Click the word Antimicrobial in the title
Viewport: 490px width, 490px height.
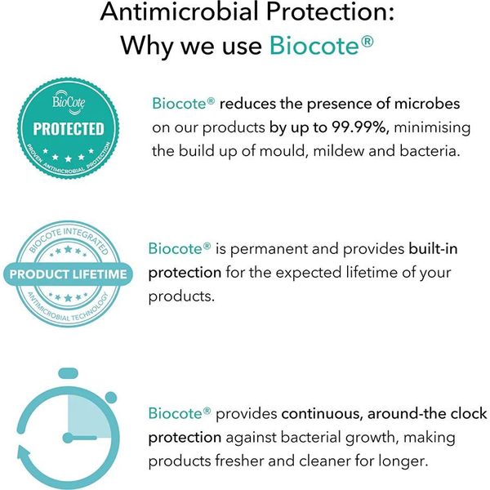point(180,11)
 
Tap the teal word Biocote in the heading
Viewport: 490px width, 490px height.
point(314,45)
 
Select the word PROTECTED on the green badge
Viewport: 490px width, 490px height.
point(69,129)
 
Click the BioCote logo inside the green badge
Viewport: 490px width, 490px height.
point(69,100)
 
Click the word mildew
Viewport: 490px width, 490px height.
point(338,151)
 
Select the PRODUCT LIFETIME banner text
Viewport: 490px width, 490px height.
point(68,274)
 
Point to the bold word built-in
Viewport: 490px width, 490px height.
point(433,249)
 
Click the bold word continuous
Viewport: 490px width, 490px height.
point(322,414)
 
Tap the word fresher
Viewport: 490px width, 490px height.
point(238,461)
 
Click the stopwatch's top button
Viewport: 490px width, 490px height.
point(68,373)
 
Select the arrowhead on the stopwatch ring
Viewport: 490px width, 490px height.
point(24,456)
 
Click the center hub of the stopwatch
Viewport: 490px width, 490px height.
point(68,438)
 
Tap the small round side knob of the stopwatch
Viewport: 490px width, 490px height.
point(111,398)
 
